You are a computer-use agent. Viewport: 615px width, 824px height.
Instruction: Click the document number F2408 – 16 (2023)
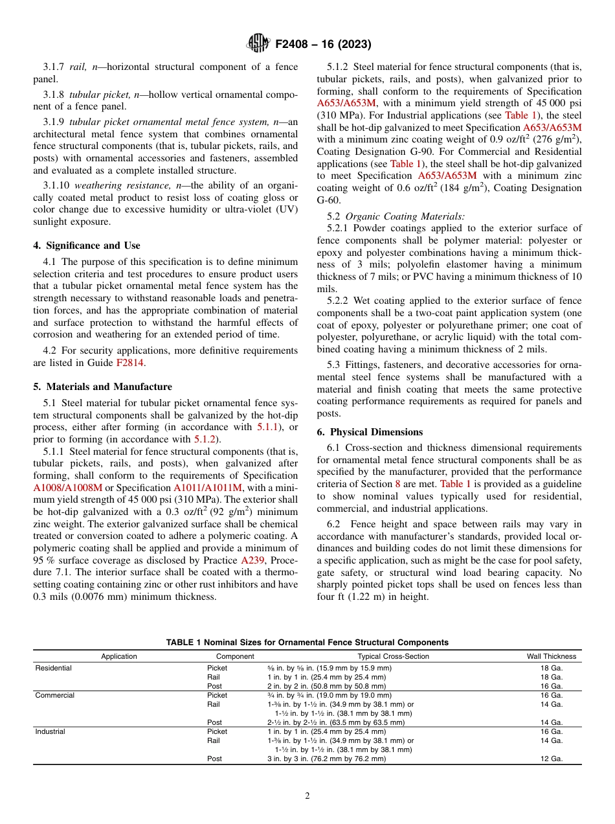(323, 45)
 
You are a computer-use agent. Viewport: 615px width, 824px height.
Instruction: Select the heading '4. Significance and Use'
(87, 246)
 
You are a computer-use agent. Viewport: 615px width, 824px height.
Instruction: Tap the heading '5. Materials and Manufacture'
(102, 387)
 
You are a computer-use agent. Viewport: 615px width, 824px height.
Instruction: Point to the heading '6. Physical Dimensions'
(370, 432)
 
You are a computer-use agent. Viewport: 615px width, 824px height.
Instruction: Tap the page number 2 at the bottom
(307, 796)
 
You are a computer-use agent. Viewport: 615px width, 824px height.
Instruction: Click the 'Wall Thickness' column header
(551, 656)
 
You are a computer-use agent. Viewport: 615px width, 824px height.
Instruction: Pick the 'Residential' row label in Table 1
(54, 668)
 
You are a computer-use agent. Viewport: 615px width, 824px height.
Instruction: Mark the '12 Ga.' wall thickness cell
(551, 759)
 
